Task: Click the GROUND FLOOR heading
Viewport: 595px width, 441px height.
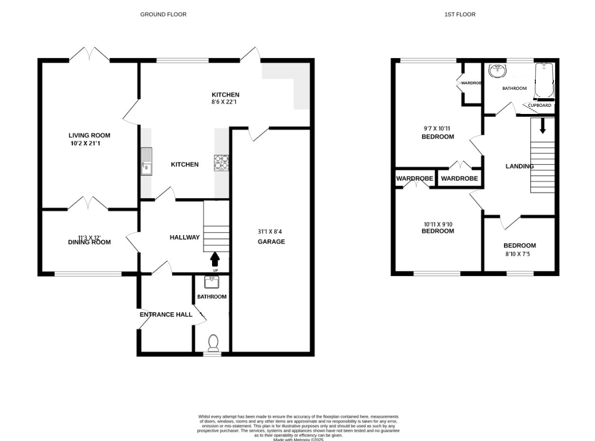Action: (163, 14)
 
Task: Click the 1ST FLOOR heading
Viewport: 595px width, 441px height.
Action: (460, 14)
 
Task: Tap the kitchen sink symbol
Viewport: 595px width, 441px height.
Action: (146, 161)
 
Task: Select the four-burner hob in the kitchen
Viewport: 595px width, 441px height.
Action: (221, 162)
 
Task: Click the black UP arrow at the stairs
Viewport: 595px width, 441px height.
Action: (214, 259)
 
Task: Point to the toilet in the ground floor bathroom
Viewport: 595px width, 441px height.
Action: (213, 342)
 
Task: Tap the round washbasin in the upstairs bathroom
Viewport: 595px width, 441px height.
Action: (497, 71)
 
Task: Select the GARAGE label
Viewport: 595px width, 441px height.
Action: (272, 242)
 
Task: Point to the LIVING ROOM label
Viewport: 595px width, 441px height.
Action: (89, 135)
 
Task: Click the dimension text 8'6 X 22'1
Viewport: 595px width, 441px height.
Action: (226, 102)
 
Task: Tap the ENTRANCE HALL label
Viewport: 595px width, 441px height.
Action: (166, 314)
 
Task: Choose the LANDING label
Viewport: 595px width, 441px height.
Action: (519, 166)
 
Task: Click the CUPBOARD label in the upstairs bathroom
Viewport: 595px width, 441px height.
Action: (540, 105)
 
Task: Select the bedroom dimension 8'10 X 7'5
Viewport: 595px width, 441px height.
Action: (519, 254)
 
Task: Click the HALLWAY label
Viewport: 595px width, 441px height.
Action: (185, 237)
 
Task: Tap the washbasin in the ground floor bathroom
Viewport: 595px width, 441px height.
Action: (212, 282)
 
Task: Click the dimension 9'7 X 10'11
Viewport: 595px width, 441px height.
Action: (438, 129)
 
